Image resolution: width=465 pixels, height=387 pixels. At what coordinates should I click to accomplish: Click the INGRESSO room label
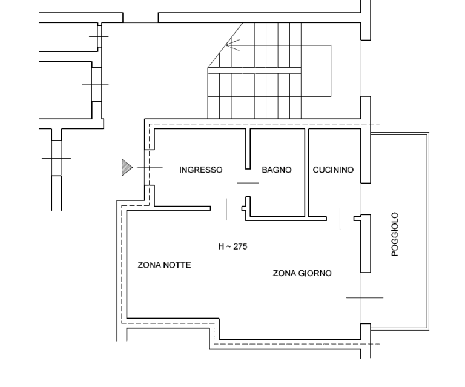(201, 170)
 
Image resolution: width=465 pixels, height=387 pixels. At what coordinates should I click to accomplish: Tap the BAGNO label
(277, 170)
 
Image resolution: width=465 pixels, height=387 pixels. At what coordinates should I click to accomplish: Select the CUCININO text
(333, 170)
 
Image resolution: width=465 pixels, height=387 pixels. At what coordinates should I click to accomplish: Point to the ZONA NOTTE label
(164, 265)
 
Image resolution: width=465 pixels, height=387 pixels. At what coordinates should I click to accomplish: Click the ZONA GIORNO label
(302, 273)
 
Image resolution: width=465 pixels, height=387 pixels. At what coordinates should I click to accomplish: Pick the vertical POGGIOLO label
(395, 234)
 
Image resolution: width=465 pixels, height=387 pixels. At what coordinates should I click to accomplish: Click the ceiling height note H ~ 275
(232, 246)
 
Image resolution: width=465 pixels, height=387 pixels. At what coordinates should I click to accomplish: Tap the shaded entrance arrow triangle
(127, 167)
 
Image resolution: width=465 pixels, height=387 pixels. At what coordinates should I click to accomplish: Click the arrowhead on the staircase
(232, 45)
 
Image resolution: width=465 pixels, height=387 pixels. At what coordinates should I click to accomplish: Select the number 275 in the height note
(240, 246)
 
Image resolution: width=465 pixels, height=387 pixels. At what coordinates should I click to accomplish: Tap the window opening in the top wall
(140, 18)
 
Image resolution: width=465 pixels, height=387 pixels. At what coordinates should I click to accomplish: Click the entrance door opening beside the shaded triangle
(149, 167)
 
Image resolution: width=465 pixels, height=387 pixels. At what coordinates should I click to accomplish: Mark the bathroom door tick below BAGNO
(248, 183)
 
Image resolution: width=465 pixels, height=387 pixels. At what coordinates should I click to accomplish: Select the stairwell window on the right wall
(366, 68)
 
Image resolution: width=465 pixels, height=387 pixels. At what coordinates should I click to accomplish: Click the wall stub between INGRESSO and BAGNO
(248, 149)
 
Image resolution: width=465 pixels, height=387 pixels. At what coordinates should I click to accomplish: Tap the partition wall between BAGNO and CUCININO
(307, 173)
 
